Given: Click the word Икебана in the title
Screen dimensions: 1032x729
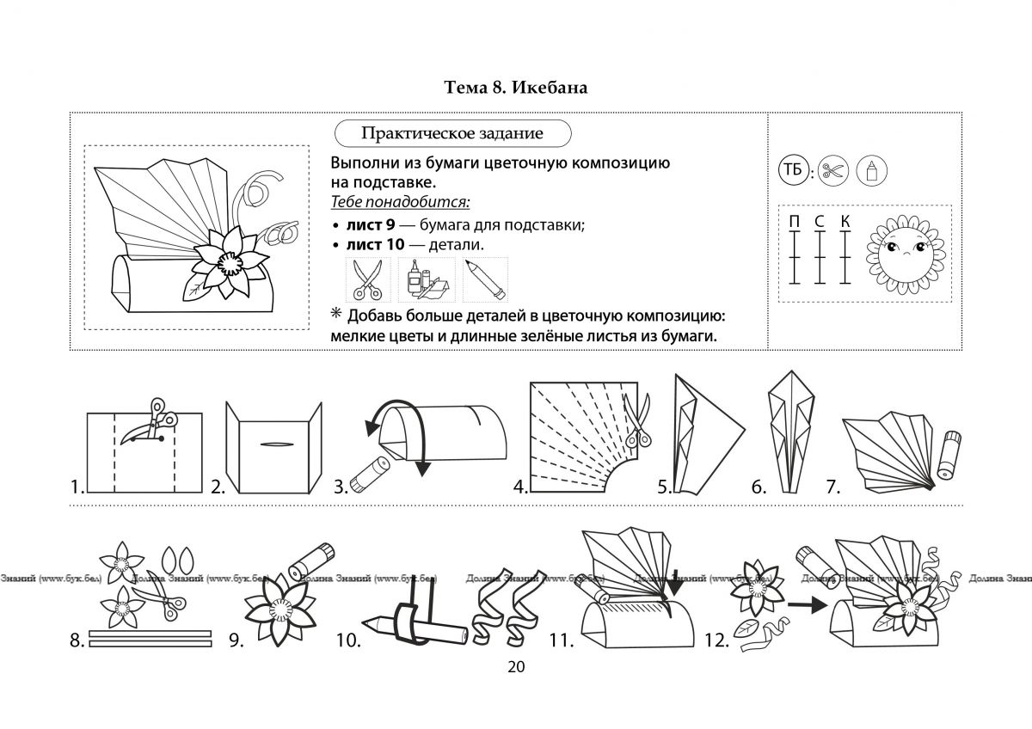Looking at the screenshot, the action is [x=550, y=88].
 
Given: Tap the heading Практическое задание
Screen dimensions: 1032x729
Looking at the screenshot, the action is [x=452, y=133].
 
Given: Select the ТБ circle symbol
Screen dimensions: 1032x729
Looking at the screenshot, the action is [x=792, y=170].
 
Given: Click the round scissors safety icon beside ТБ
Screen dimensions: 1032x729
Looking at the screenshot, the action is [x=833, y=170].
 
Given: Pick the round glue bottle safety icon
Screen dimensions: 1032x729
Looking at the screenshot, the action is [x=871, y=170].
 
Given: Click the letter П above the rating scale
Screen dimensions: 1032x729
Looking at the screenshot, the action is [x=795, y=222].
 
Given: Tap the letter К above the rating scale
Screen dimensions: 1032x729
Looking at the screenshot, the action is [x=845, y=222].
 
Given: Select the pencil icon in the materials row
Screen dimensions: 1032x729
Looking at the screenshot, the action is [x=485, y=279].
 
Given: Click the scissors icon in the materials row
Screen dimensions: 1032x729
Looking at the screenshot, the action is [x=368, y=279].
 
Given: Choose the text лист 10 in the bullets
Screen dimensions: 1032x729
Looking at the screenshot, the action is [x=375, y=244].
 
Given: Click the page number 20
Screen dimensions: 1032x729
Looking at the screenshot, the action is [x=516, y=667].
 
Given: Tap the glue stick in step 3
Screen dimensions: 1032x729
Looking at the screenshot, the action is [x=370, y=474].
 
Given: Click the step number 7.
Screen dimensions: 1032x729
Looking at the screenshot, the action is [x=832, y=487].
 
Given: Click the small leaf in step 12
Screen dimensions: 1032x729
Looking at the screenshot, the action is [x=746, y=628].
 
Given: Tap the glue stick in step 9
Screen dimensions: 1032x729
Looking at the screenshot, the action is [x=311, y=561].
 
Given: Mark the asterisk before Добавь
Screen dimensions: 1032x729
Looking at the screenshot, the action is [x=336, y=314].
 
